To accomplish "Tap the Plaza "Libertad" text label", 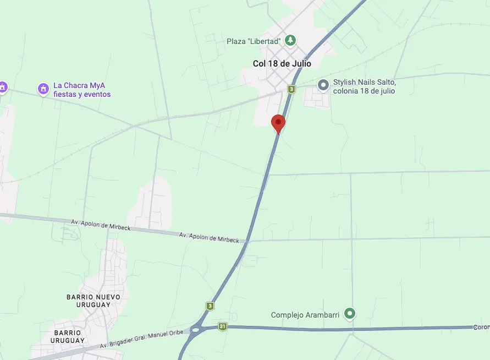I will [254, 41].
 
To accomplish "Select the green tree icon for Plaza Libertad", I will [290, 40].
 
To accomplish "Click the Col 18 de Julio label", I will [282, 64].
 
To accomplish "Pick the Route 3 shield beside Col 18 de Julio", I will [291, 89].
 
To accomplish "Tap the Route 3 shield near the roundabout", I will [210, 306].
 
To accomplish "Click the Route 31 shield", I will [222, 326].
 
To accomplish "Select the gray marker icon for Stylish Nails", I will [323, 84].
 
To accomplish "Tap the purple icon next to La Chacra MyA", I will [43, 88].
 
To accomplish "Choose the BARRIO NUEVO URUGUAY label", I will [93, 301].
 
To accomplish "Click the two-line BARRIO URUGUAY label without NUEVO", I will [68, 336].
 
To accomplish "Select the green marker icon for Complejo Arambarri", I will [349, 314].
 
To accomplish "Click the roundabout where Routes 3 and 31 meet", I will [195, 331].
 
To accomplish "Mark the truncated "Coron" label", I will [481, 327].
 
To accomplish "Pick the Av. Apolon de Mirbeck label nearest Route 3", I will [209, 237].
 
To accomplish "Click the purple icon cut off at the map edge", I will [2, 87].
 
